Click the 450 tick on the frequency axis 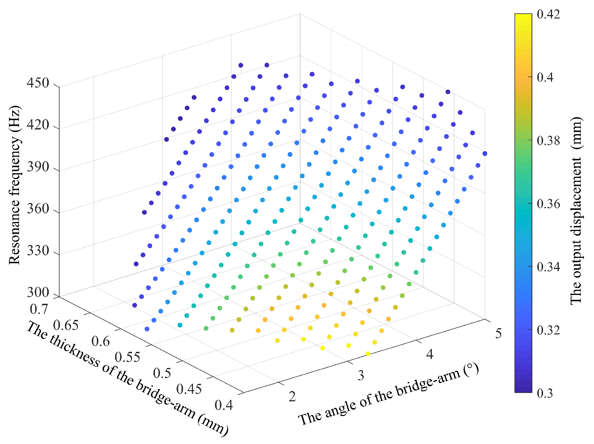point(38,83)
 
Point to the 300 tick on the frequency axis point(38,292)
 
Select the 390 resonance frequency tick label point(38,167)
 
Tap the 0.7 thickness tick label point(39,308)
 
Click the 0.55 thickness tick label point(127,357)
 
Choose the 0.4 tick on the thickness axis point(224,405)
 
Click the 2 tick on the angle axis point(292,397)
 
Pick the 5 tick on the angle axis point(498,333)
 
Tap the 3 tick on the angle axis point(361,375)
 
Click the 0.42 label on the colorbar point(548,14)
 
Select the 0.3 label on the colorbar point(544,393)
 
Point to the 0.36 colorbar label point(548,204)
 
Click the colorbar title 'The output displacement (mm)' point(576,211)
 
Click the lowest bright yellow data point point(368,354)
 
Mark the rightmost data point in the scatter point(485,153)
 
